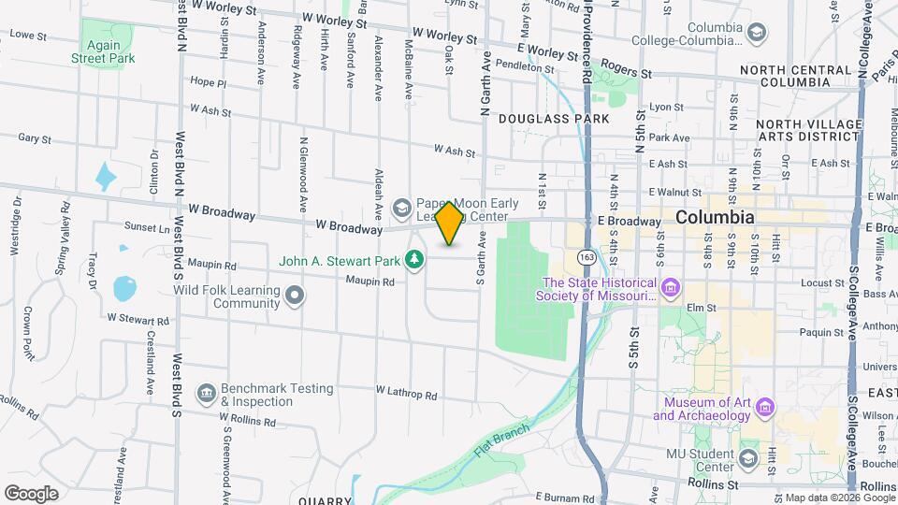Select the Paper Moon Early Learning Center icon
click(402, 206)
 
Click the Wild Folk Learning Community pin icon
click(296, 296)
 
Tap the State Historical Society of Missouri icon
click(668, 288)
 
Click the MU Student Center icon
click(747, 458)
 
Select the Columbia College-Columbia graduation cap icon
click(755, 34)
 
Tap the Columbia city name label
click(714, 217)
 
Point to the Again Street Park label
click(103, 51)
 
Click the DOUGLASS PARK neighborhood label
click(554, 119)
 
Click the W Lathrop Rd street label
click(406, 395)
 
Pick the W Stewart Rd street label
click(138, 319)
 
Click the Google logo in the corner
click(31, 493)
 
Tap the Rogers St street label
click(627, 71)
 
